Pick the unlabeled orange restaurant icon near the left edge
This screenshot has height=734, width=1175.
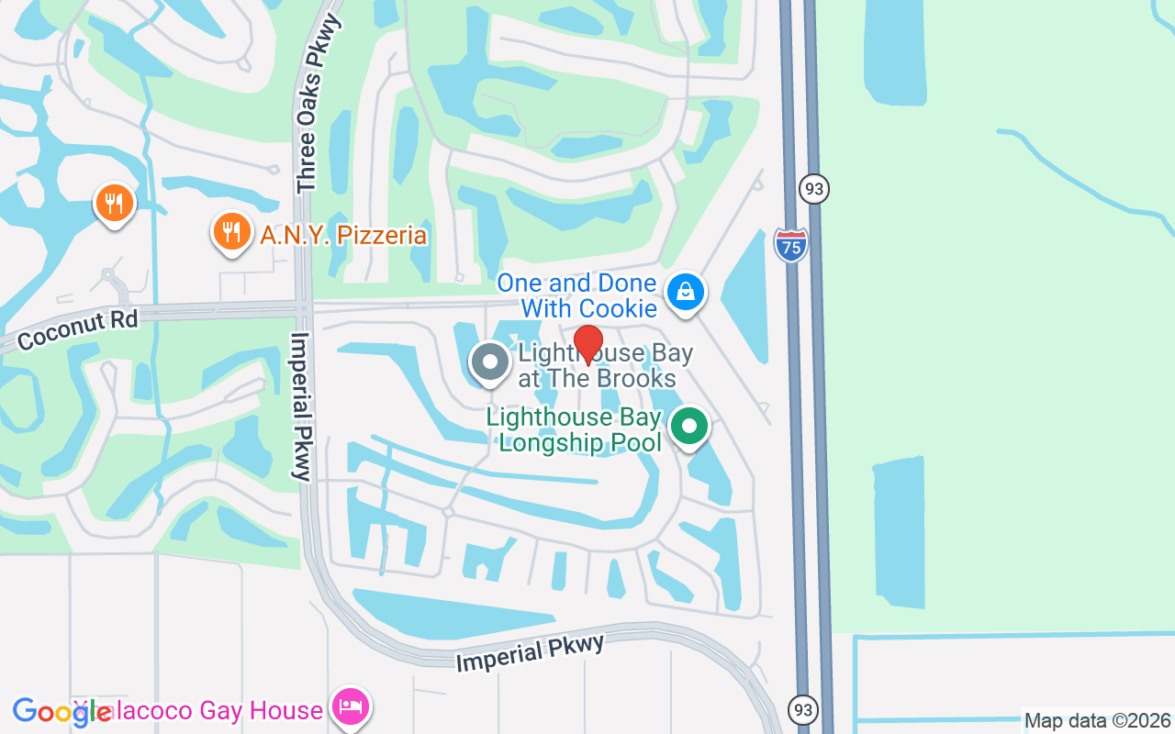[114, 203]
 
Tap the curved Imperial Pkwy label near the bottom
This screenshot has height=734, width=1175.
[531, 652]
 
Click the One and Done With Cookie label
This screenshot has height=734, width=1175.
[577, 295]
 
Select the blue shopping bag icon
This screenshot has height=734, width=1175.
[685, 293]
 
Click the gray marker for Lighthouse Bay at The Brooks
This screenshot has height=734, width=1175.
[490, 362]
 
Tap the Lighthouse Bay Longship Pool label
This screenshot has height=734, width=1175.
[575, 430]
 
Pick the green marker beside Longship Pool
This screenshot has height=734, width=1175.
[688, 427]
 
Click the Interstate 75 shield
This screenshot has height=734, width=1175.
[790, 245]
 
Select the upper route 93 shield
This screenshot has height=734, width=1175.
[813, 189]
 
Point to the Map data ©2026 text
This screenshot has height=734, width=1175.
[1096, 721]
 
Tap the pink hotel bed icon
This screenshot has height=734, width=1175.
[352, 707]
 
